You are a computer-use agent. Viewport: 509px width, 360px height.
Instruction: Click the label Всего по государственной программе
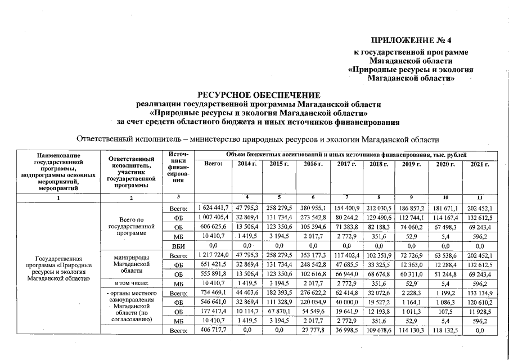click(133, 226)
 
